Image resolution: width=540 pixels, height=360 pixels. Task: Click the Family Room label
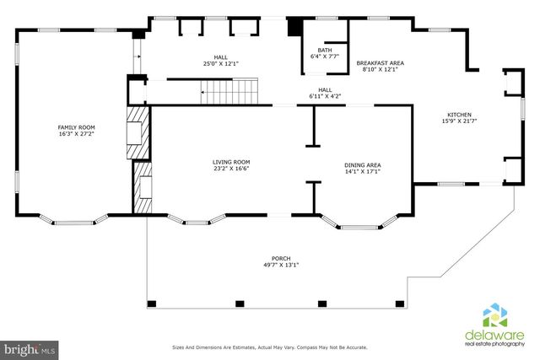point(76,127)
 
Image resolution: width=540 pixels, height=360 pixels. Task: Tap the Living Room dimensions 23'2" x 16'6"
point(231,169)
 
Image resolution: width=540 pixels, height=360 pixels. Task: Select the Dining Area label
point(363,165)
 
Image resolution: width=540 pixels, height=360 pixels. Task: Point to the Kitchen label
point(459,115)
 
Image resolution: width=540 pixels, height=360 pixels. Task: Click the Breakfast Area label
point(381,63)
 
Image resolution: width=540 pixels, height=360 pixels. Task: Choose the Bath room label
point(325,51)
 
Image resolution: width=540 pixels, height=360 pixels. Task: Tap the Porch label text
point(281,259)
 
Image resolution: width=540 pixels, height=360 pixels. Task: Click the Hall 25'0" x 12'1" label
point(221,61)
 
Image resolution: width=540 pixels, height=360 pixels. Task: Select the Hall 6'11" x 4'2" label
point(325,94)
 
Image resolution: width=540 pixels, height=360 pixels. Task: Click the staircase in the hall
point(229,92)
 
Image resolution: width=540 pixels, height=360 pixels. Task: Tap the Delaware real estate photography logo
point(494,325)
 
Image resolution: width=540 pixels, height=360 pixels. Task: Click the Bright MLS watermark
point(30,351)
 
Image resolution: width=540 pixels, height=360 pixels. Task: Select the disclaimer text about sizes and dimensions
point(270,347)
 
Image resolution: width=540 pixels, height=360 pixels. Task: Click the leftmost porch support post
point(152,304)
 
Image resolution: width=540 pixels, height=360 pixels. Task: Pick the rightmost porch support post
point(399,304)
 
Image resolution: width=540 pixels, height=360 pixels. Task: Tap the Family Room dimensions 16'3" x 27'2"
point(76,133)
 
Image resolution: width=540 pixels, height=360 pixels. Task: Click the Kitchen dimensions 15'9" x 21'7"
point(459,121)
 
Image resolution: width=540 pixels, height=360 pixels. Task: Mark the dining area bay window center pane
point(360,228)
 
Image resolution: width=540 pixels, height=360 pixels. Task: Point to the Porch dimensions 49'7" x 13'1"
point(281,265)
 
